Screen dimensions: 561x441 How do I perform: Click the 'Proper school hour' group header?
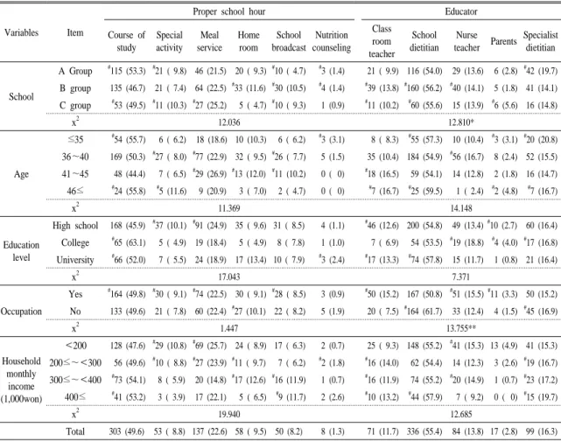click(x=229, y=11)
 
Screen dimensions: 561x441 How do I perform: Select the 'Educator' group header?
click(x=461, y=11)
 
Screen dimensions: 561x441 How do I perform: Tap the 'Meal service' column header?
click(x=209, y=41)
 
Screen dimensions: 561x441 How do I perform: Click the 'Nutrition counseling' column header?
click(x=332, y=41)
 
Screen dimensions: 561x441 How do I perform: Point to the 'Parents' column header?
click(x=503, y=41)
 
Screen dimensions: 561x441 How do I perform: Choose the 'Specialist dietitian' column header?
click(x=540, y=41)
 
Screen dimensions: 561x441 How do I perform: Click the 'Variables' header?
click(x=22, y=32)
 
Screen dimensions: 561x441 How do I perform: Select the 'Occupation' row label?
click(x=21, y=311)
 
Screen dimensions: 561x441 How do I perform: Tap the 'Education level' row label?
click(x=21, y=251)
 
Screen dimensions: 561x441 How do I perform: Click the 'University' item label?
click(x=75, y=260)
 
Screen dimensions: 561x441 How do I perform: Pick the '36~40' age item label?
click(x=75, y=157)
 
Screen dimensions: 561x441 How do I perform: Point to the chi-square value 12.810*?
click(x=461, y=122)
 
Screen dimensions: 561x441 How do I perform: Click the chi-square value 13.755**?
click(x=461, y=328)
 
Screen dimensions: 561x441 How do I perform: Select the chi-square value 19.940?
click(x=229, y=414)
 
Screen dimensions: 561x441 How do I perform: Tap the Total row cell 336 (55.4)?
click(x=424, y=431)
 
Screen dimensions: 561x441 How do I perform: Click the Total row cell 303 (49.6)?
click(x=127, y=431)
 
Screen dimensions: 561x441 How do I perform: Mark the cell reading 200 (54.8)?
click(x=424, y=226)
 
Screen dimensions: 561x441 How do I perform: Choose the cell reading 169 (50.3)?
click(x=128, y=157)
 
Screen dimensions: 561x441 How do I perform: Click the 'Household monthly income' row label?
click(x=21, y=380)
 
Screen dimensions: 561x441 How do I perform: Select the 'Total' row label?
click(x=75, y=431)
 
